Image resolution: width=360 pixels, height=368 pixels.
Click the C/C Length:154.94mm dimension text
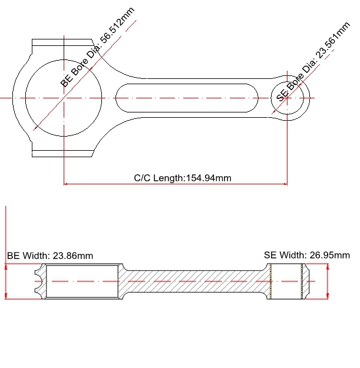(x=183, y=178)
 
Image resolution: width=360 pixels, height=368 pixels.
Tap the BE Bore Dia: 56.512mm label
(x=97, y=47)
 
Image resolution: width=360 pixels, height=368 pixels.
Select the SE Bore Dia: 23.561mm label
(x=313, y=61)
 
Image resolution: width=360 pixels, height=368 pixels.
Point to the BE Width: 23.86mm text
(x=50, y=256)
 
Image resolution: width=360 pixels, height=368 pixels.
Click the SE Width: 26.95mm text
(x=307, y=255)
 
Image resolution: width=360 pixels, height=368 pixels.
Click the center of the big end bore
(x=64, y=98)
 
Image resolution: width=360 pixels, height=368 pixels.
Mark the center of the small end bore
(x=287, y=98)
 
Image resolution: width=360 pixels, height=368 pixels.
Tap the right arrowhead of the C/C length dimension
(x=286, y=184)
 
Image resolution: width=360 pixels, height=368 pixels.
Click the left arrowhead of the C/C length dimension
(x=65, y=184)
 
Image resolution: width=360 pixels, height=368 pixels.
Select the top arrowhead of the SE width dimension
(x=328, y=266)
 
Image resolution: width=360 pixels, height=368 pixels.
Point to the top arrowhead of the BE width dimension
(x=6, y=266)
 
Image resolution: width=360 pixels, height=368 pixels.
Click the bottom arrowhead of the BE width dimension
(x=6, y=297)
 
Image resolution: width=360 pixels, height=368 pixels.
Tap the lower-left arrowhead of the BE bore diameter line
(x=35, y=128)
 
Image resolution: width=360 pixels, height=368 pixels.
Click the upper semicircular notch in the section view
(x=38, y=273)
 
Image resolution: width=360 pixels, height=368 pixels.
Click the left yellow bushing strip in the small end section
(x=271, y=281)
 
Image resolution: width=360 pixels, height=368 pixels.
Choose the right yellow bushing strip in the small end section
(x=302, y=281)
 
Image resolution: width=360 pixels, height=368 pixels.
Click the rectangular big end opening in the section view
(x=82, y=281)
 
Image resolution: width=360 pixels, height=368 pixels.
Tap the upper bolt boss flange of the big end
(x=62, y=42)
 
